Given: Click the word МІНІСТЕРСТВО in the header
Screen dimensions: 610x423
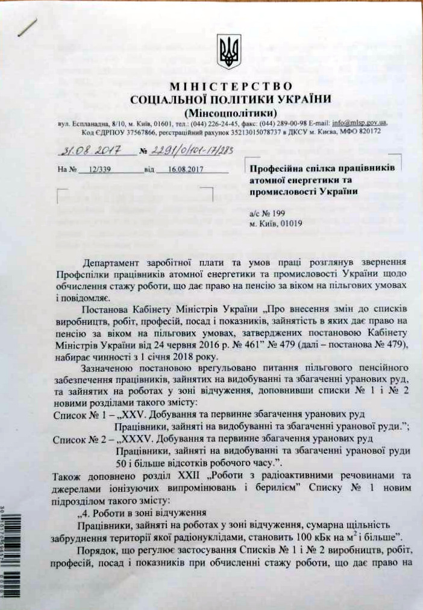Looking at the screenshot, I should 231,87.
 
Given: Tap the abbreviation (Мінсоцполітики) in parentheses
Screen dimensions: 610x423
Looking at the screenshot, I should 231,112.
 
